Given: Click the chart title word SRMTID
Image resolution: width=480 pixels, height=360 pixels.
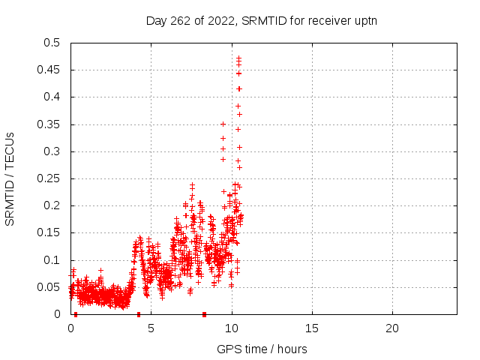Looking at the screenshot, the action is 264,21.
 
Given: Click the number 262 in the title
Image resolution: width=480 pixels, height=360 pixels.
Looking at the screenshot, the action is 181,21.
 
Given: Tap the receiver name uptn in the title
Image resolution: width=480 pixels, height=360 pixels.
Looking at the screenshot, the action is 365,22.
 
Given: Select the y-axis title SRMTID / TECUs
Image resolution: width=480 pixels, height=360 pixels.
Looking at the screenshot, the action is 10,179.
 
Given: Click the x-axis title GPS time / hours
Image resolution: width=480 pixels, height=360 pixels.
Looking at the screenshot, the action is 262,349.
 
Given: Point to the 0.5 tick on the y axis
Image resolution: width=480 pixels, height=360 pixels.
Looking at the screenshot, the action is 52,43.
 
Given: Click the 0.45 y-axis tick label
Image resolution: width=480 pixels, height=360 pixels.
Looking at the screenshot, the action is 48,70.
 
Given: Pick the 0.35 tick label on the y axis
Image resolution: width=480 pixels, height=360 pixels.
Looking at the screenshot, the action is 48,124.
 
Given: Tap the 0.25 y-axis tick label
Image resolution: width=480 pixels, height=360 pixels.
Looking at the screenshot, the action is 48,178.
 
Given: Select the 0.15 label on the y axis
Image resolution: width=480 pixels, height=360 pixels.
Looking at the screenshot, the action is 48,232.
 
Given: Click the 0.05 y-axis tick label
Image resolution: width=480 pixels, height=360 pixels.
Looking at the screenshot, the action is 48,287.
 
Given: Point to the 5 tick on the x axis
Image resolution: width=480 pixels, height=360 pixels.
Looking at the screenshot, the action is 151,328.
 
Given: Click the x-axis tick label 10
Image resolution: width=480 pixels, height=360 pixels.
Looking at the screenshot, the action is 232,328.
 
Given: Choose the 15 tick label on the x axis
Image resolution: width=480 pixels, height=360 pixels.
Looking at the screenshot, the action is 312,328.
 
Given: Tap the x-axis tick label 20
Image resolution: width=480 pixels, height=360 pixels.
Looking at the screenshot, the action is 392,328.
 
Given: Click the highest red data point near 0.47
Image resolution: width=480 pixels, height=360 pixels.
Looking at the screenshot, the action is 238,58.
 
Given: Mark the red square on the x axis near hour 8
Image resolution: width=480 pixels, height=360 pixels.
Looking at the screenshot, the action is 205,314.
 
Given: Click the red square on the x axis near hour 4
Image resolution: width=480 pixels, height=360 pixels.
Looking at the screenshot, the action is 139,314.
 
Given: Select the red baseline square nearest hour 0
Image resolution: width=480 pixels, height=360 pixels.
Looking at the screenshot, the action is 76,314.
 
